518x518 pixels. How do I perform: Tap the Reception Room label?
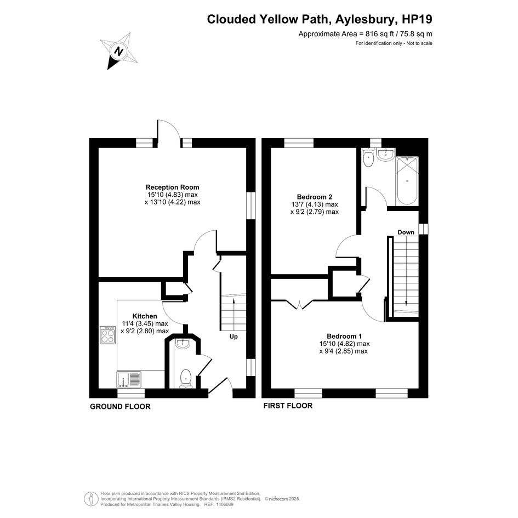click(x=173, y=187)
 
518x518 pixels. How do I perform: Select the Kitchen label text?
click(x=145, y=316)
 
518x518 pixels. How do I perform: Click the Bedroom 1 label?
click(x=344, y=337)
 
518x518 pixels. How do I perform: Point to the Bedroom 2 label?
click(x=314, y=197)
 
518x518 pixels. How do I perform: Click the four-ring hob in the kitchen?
click(x=107, y=335)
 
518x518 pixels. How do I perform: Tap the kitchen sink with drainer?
click(x=129, y=379)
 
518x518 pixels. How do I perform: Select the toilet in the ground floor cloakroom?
click(x=186, y=379)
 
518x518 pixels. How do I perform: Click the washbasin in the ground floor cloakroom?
click(x=183, y=344)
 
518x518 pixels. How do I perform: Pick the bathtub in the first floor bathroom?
click(x=407, y=181)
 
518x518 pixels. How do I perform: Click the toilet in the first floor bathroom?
click(x=368, y=157)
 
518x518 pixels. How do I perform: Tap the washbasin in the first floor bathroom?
click(x=385, y=155)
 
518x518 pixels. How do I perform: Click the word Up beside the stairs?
click(x=234, y=337)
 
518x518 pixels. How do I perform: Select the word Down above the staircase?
click(x=406, y=232)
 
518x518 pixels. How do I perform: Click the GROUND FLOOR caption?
click(x=120, y=407)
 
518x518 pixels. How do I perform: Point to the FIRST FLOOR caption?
click(x=288, y=406)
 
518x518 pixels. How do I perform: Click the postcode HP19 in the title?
click(x=417, y=19)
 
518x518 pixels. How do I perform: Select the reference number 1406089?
click(x=224, y=504)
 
